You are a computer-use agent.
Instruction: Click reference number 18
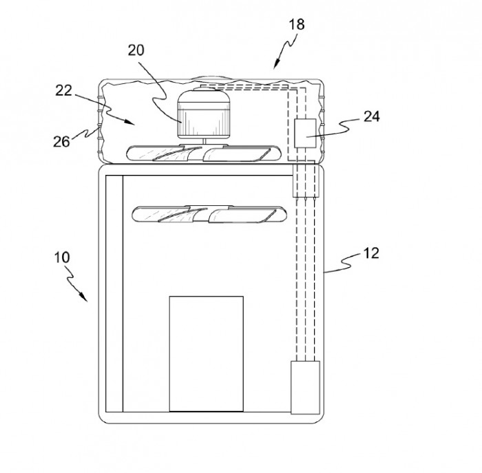point(297,25)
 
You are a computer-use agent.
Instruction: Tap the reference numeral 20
point(136,50)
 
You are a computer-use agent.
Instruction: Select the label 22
point(63,90)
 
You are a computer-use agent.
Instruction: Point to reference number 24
point(372,117)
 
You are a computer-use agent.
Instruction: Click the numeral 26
point(61,142)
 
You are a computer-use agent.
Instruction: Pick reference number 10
point(62,257)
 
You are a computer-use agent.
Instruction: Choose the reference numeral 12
point(371,253)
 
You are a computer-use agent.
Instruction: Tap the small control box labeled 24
point(305,133)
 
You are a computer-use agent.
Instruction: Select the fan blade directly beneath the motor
point(204,154)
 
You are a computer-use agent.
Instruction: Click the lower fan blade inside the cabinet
point(209,214)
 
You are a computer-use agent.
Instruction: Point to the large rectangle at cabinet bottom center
point(207,354)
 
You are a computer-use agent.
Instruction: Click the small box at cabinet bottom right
point(305,387)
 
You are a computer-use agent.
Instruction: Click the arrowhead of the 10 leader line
point(83,297)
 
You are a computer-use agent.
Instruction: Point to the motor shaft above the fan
point(203,140)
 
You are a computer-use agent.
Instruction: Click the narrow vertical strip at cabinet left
point(114,293)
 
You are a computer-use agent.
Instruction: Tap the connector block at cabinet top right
point(304,180)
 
